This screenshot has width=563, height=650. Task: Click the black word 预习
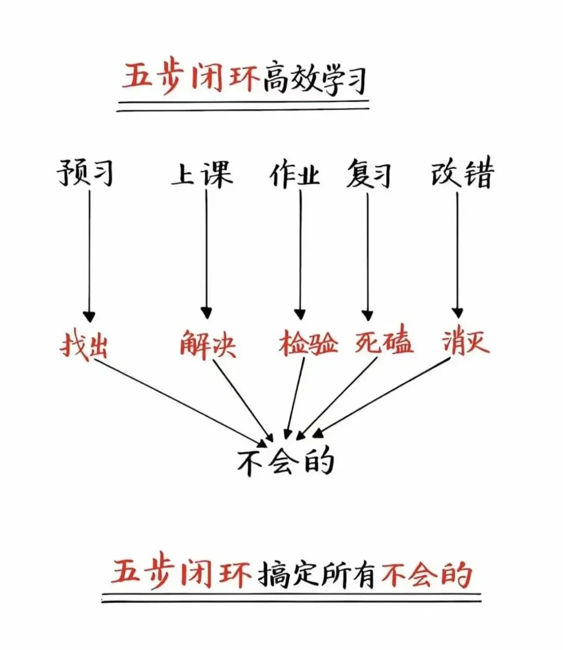click(x=85, y=173)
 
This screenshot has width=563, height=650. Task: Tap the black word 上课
click(x=202, y=174)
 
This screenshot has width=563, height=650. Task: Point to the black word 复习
click(x=369, y=174)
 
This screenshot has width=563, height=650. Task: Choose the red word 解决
click(x=207, y=345)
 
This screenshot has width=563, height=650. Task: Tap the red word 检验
click(x=308, y=343)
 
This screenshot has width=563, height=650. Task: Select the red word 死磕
click(x=384, y=342)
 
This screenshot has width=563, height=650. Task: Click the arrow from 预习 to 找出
click(x=89, y=256)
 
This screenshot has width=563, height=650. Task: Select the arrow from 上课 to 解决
click(x=206, y=255)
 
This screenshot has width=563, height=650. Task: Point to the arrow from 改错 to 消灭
click(x=458, y=255)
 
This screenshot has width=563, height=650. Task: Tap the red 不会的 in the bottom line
click(x=426, y=575)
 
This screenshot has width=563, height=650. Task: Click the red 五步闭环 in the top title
click(x=191, y=77)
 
